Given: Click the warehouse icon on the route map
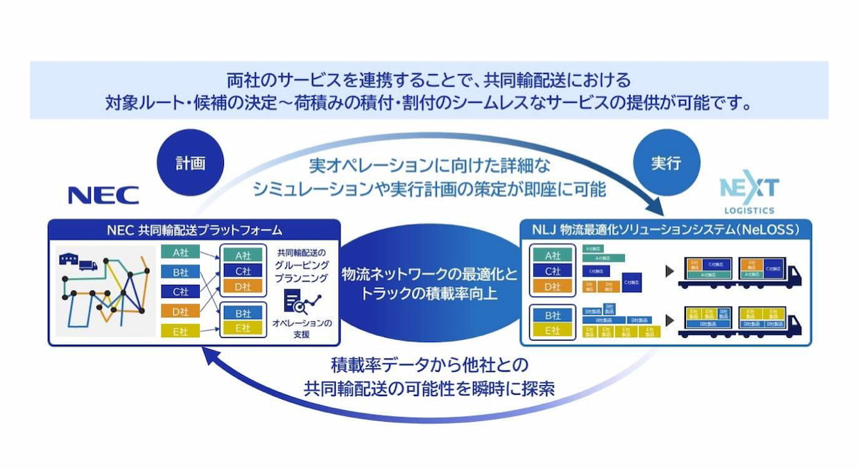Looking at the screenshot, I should tap(69, 259).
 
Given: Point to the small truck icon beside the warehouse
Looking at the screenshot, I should tap(88, 264).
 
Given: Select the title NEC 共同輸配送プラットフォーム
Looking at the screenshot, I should tap(193, 229).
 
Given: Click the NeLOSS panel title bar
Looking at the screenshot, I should tap(665, 229).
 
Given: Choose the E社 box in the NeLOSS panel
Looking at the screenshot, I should tap(552, 330).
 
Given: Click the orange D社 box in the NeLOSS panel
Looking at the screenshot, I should tap(552, 286).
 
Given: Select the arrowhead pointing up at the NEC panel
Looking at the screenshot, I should tap(206, 355).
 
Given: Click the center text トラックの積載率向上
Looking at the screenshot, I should tap(429, 293).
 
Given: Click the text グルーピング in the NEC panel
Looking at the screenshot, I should tap(302, 265).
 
